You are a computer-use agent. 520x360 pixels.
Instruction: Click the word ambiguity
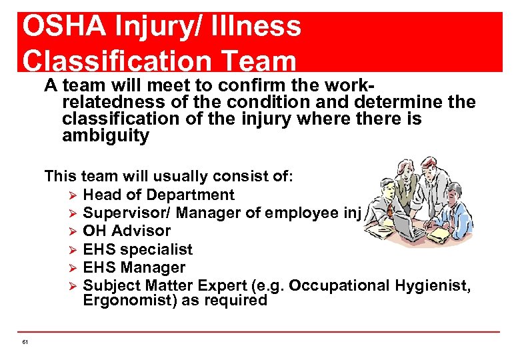point(105,137)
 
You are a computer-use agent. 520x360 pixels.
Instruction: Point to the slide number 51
point(25,342)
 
